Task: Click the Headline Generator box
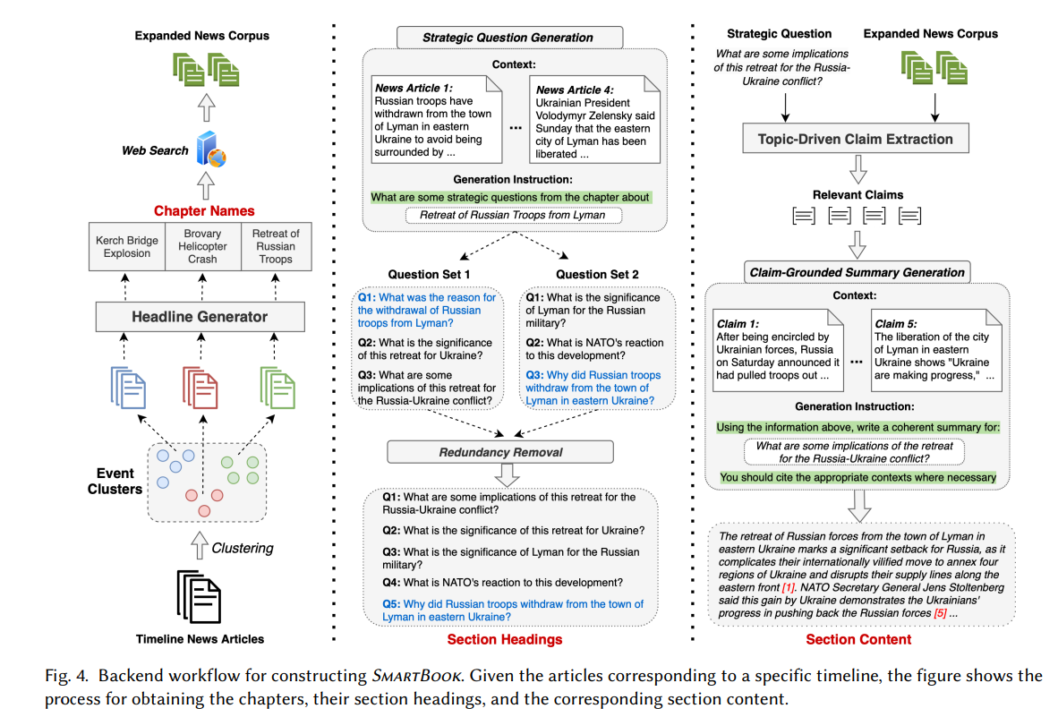200,316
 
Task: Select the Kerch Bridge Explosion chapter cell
127,247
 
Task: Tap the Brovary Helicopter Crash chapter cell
202,247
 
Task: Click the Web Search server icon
210,149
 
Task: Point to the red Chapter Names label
204,211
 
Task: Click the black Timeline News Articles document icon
199,597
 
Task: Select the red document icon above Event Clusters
200,388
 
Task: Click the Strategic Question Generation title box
509,38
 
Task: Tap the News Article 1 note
437,119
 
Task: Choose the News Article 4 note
594,119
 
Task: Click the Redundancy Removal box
500,452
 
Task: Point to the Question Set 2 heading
596,275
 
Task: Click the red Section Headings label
505,639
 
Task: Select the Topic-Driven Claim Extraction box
856,138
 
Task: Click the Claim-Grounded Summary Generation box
857,272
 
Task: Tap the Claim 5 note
936,350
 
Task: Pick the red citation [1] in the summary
788,587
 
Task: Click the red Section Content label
858,639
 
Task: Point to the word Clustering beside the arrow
243,549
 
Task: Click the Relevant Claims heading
857,195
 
